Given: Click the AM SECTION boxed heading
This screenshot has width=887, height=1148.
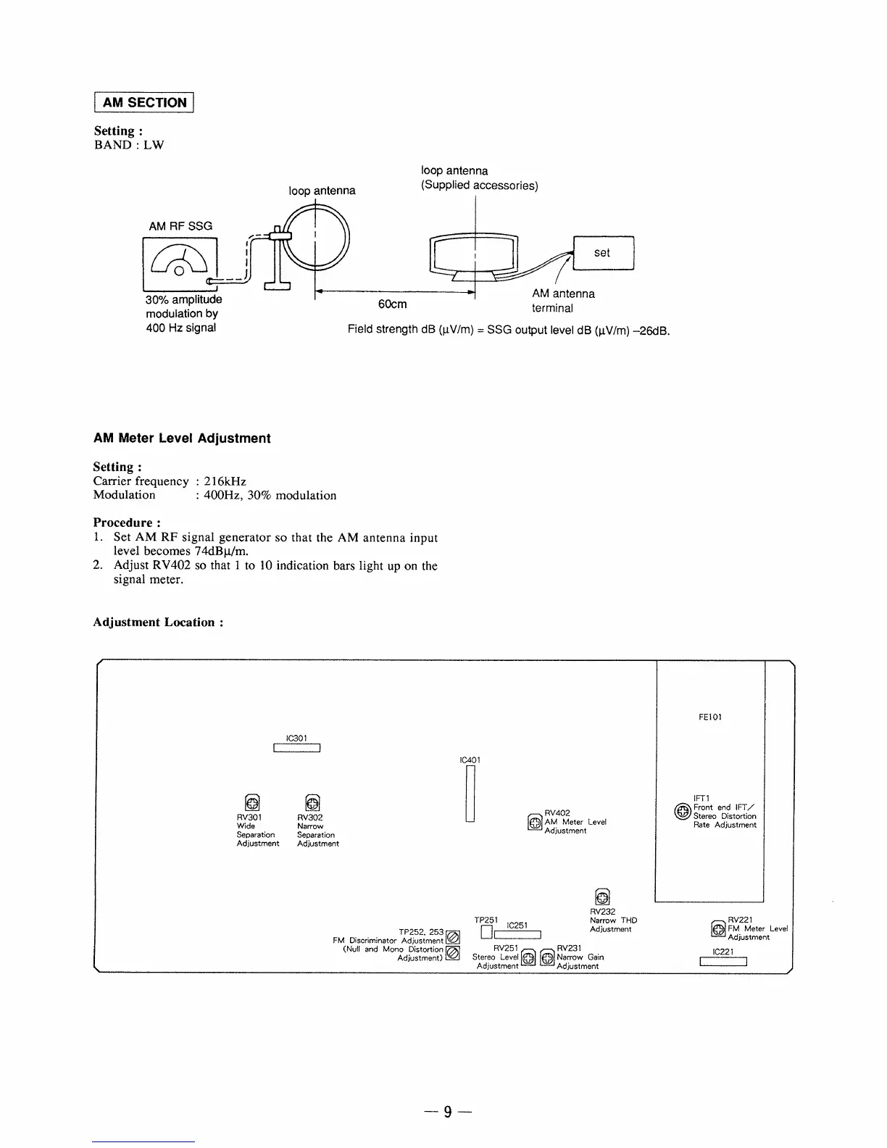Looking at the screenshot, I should pos(144,102).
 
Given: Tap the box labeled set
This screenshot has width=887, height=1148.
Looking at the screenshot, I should pos(603,253).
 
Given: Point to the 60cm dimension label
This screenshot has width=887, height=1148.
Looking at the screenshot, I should pos(393,304).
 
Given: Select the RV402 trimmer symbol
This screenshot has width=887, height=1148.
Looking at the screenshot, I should pos(535,823).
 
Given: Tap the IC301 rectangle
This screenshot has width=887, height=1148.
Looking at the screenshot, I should pos(297,749).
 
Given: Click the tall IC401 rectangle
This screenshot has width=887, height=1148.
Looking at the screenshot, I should pos(470,794).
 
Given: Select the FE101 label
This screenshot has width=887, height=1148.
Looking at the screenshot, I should pos(710,717).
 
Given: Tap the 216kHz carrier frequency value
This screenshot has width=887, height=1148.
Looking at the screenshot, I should pos(225,481).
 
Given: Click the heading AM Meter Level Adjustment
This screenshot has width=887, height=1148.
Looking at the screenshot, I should pos(182,438).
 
